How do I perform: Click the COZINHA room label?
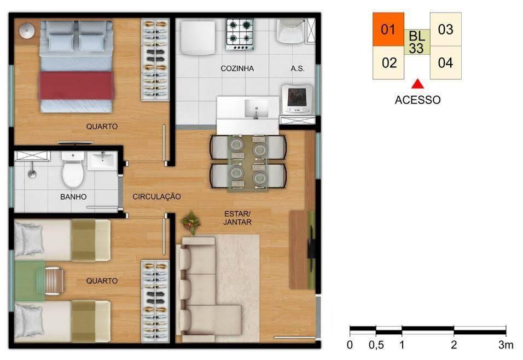click(237, 69)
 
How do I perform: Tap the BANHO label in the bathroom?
click(73, 196)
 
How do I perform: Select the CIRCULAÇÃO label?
click(156, 196)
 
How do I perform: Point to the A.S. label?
click(298, 69)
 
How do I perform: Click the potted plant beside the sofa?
click(191, 222)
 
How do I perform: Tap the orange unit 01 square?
click(388, 30)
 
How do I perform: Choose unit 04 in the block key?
click(445, 62)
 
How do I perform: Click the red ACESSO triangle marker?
click(418, 84)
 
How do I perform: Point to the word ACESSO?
click(417, 100)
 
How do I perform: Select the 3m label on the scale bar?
click(506, 345)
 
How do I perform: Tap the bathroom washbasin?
click(102, 160)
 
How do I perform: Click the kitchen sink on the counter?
click(255, 108)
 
